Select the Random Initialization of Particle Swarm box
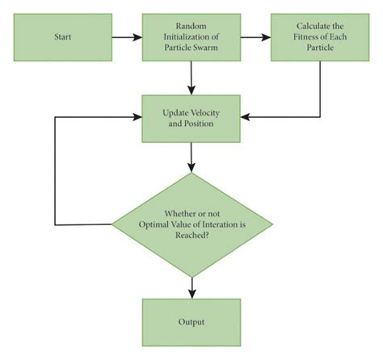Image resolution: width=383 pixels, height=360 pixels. (191, 36)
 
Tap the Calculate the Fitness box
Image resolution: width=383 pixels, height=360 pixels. (321, 36)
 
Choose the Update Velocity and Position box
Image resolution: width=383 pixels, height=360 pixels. (191, 118)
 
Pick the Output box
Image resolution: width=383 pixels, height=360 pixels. (191, 322)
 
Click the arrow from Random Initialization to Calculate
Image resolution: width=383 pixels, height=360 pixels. (256, 36)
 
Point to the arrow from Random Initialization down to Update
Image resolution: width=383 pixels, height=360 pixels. (191, 77)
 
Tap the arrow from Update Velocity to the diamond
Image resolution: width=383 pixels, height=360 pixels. (191, 158)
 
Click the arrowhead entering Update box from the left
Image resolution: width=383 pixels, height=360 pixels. (137, 118)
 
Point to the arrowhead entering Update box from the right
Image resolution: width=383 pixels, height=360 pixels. (246, 118)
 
